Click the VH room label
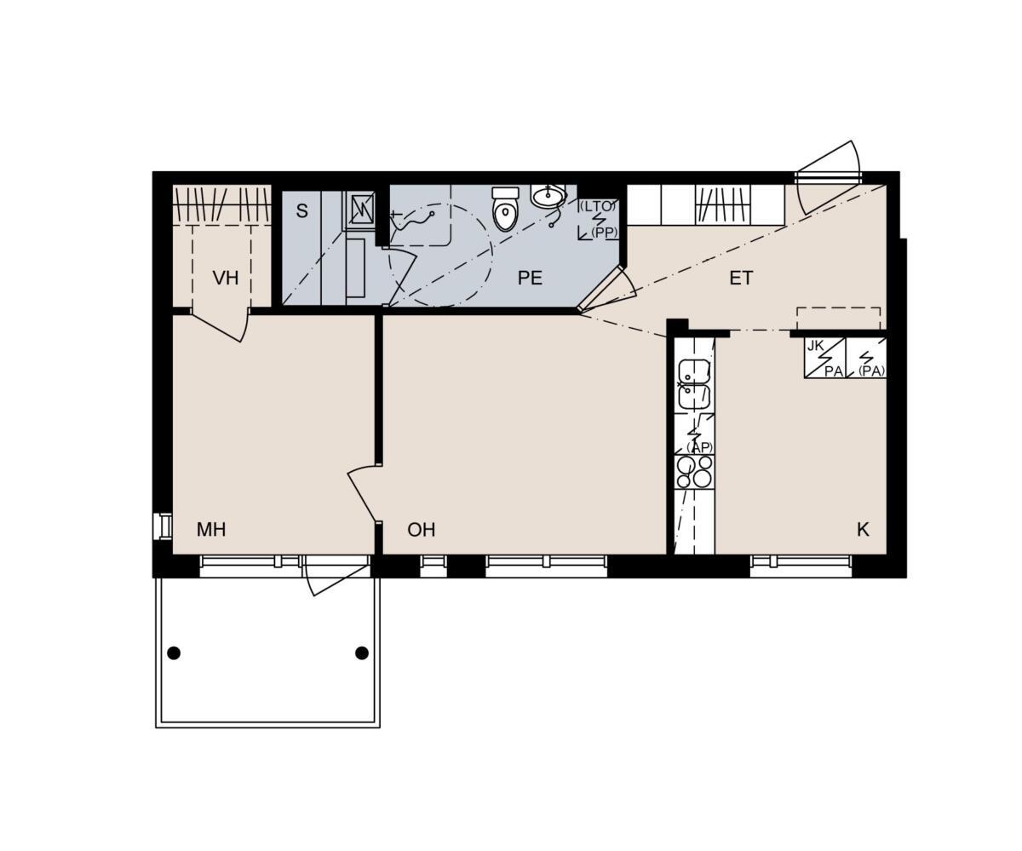pyautogui.click(x=226, y=278)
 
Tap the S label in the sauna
pyautogui.click(x=302, y=211)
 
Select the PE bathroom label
pyautogui.click(x=530, y=278)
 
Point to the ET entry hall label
pyautogui.click(x=741, y=278)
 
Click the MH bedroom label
pyautogui.click(x=211, y=529)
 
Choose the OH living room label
pyautogui.click(x=421, y=529)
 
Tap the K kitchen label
pyautogui.click(x=863, y=529)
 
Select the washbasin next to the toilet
pyautogui.click(x=548, y=196)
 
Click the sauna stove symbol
pyautogui.click(x=361, y=210)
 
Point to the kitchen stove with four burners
pyautogui.click(x=695, y=472)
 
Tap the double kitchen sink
pyautogui.click(x=695, y=384)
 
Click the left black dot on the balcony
pyautogui.click(x=174, y=653)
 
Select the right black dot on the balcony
pyautogui.click(x=362, y=653)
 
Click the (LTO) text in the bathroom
pyautogui.click(x=597, y=207)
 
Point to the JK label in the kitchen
pyautogui.click(x=815, y=346)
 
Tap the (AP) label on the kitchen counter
pyautogui.click(x=699, y=447)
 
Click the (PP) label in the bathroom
pyautogui.click(x=604, y=233)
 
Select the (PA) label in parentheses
pyautogui.click(x=872, y=371)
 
